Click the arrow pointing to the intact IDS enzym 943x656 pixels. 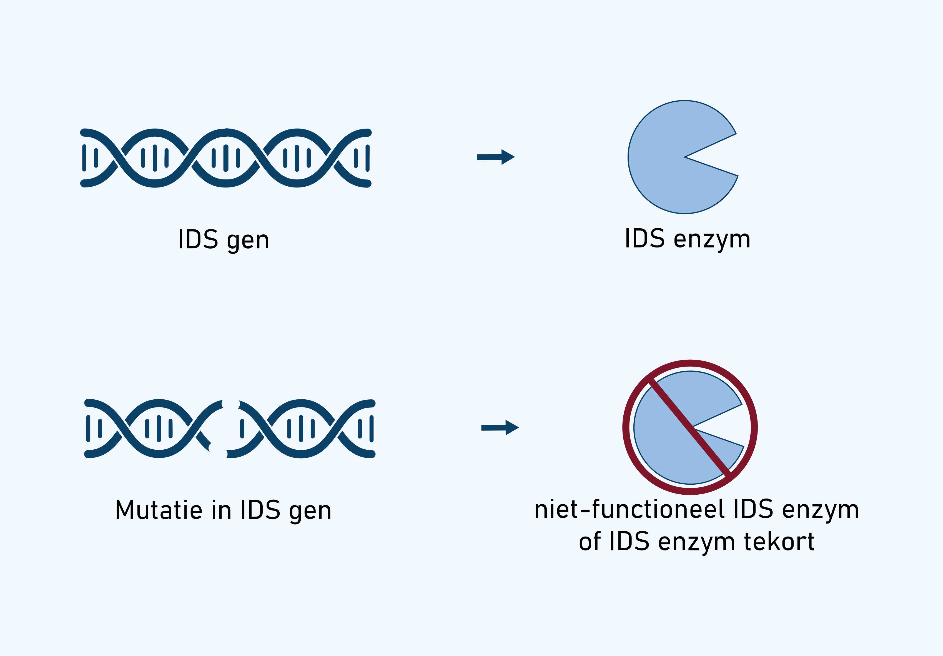tap(496, 157)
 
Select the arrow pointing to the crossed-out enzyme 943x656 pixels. tap(500, 428)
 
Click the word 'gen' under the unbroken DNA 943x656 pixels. tap(248, 240)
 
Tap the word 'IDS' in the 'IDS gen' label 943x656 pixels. tap(198, 239)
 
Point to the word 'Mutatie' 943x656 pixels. tap(159, 510)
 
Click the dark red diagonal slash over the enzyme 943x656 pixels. tap(690, 427)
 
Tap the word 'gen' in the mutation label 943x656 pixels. tap(310, 511)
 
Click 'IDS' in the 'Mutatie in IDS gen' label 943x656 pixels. tap(260, 510)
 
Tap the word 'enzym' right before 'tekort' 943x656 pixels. tap(697, 542)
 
